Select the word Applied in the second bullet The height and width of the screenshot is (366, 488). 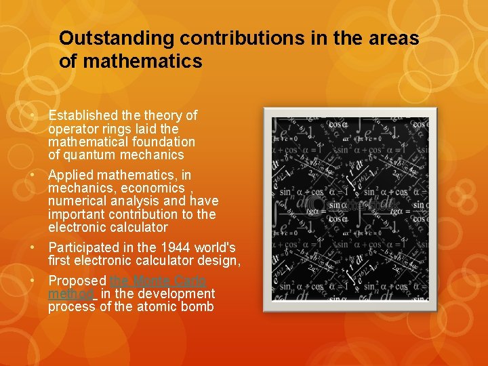click(72, 175)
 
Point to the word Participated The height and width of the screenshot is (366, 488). click(84, 247)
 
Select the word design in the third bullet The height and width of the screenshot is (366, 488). click(222, 260)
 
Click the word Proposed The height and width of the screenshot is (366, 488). click(77, 281)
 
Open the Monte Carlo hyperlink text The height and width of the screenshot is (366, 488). click(157, 281)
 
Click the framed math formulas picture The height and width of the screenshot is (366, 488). click(346, 209)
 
